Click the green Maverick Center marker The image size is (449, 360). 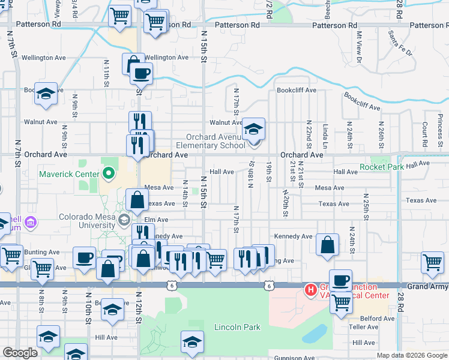click(109, 175)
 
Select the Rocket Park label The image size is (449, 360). click(381, 167)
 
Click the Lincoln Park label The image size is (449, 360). click(237, 328)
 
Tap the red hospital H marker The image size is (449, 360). click(310, 290)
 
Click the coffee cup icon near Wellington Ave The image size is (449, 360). click(141, 74)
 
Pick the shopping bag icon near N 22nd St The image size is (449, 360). click(327, 245)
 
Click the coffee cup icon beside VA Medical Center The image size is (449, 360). click(340, 280)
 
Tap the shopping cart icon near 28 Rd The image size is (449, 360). click(433, 262)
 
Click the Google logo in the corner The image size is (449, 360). click(20, 353)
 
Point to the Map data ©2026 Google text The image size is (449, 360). click(412, 355)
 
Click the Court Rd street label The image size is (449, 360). click(424, 134)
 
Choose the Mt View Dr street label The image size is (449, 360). click(359, 47)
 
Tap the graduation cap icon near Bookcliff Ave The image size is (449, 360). click(46, 94)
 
